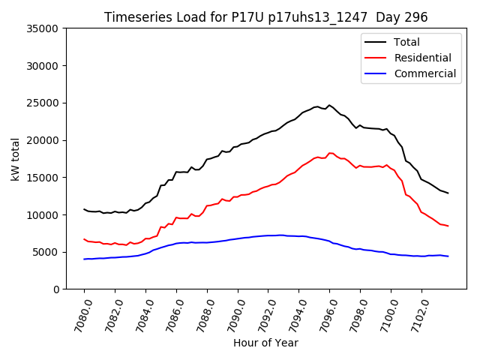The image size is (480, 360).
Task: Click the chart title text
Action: click(x=265, y=17)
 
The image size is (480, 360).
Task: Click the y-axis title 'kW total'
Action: click(x=16, y=159)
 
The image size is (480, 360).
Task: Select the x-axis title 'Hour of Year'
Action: click(x=265, y=343)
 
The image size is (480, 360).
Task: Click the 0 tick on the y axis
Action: click(x=56, y=289)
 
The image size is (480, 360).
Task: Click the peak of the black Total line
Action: click(x=329, y=105)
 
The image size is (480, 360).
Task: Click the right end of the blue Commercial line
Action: click(x=448, y=256)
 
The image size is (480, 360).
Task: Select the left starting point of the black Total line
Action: click(x=84, y=209)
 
